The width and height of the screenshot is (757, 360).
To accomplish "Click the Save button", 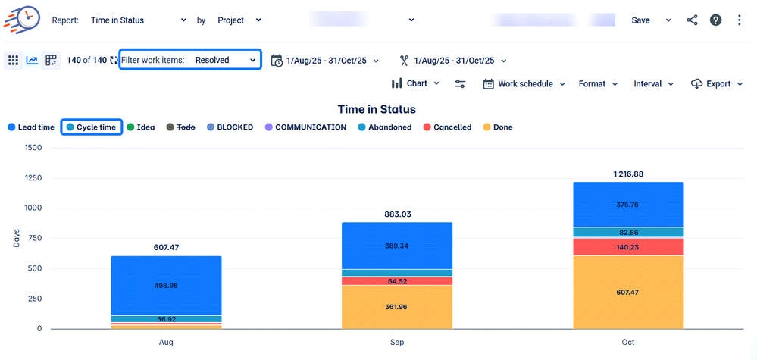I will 640,20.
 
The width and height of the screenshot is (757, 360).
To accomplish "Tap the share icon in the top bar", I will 692,20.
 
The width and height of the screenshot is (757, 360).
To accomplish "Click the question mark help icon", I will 715,20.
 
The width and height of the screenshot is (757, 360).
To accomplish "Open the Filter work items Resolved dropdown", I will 190,60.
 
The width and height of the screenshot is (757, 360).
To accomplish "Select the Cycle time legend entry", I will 92,127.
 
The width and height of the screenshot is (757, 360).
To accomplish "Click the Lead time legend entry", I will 32,127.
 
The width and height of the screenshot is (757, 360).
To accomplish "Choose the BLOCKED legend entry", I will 230,127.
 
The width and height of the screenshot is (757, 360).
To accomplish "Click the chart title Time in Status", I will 377,109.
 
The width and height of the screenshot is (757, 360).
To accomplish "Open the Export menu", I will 717,84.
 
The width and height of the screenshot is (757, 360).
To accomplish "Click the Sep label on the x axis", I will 397,343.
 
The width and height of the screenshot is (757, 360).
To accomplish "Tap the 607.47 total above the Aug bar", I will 167,247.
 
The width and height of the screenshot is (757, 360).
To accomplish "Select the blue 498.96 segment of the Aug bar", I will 167,286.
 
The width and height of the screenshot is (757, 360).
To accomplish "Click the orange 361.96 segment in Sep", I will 397,307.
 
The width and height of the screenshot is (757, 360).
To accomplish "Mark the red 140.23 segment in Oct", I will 628,247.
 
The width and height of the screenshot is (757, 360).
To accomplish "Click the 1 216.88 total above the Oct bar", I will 628,174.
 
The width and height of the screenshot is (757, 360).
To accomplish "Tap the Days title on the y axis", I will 16,238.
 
